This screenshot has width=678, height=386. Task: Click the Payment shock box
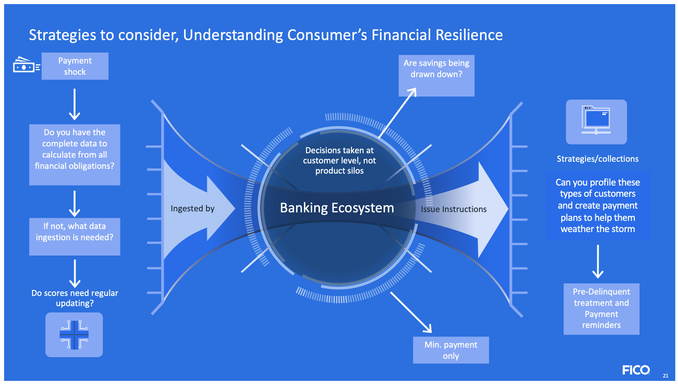(x=75, y=66)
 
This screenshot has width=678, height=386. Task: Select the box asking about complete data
(x=75, y=154)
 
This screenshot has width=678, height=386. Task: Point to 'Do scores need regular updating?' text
(x=75, y=298)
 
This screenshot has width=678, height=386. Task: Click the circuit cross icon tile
(x=74, y=335)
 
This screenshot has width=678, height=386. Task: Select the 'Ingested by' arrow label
(x=192, y=208)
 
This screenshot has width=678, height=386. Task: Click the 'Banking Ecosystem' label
(x=337, y=208)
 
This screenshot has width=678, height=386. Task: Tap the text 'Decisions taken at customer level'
(x=339, y=160)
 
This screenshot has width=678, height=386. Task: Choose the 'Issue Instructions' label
(x=453, y=209)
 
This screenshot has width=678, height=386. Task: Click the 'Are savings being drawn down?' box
(x=436, y=75)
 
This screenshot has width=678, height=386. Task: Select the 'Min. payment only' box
(x=451, y=350)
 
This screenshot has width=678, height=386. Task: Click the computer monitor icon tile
(x=596, y=122)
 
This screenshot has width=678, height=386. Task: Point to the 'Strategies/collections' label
(x=597, y=159)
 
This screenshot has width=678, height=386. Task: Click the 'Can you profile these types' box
(x=597, y=206)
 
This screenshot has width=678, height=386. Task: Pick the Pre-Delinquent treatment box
(x=601, y=309)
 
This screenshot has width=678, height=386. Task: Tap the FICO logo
(x=636, y=370)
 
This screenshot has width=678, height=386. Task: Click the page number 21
(x=665, y=375)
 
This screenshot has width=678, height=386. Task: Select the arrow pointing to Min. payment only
(x=411, y=312)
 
